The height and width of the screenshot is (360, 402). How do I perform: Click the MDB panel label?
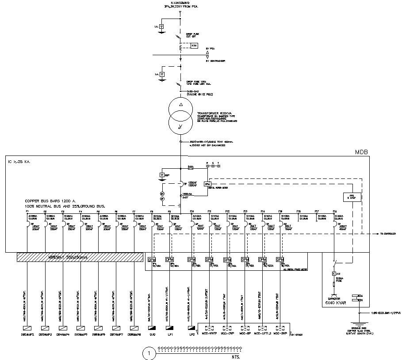coord(361,152)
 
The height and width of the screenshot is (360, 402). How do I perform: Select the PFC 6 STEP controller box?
coord(352,197)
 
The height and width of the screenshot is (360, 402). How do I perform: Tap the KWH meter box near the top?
coord(194,45)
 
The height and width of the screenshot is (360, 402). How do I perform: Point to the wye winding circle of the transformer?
coord(181,125)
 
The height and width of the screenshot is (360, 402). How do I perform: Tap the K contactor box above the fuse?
coord(333,274)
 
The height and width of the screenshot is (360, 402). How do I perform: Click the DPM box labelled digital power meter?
coord(207,184)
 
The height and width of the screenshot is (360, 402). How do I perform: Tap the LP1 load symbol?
coord(170,328)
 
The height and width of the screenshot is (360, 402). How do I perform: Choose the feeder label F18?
coord(335,212)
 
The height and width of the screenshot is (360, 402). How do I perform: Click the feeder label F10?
coord(191,212)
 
